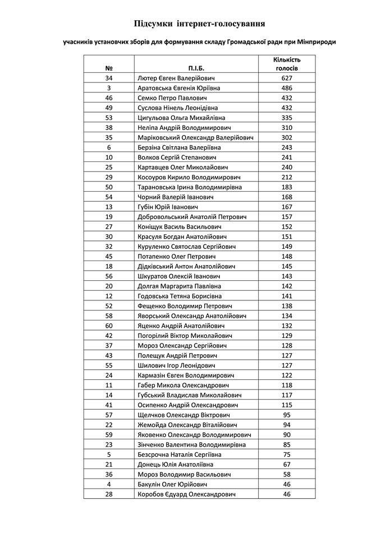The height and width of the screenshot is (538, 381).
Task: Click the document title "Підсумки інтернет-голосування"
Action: tap(200, 24)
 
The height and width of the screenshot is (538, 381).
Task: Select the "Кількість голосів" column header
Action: tap(287, 63)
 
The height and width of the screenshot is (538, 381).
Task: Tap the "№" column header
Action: tap(109, 68)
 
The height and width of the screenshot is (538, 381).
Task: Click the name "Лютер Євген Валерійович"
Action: tap(177, 78)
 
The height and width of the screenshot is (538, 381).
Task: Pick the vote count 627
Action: tap(287, 78)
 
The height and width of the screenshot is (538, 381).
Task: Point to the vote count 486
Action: tap(287, 88)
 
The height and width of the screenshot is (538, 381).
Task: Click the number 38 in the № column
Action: tap(109, 127)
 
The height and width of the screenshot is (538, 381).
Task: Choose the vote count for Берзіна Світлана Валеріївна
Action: tap(287, 147)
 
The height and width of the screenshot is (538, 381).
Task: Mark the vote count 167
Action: tap(287, 207)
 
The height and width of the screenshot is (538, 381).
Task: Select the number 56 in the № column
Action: tap(109, 276)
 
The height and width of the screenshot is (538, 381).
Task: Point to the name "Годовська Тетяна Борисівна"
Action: tap(180, 296)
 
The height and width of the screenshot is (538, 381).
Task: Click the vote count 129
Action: tap(287, 336)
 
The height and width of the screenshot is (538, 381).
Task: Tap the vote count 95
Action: tap(287, 415)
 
